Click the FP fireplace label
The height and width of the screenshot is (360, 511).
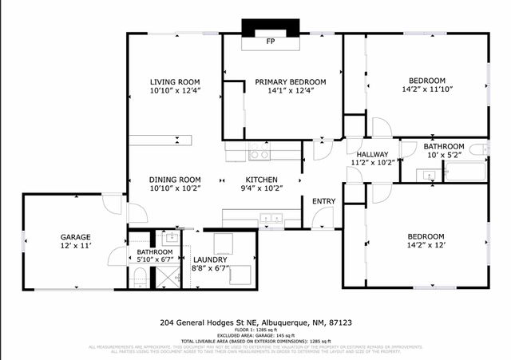[270, 41]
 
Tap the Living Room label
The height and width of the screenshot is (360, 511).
[175, 82]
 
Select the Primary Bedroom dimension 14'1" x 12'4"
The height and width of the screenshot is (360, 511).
[290, 91]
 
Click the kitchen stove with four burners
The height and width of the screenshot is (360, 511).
[260, 151]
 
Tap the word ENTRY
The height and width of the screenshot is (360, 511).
[323, 201]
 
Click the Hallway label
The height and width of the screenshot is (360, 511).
[372, 154]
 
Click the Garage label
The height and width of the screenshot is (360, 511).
[76, 237]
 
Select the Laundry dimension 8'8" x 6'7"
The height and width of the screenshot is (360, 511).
[210, 269]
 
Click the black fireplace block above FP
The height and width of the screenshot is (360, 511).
[270, 26]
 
